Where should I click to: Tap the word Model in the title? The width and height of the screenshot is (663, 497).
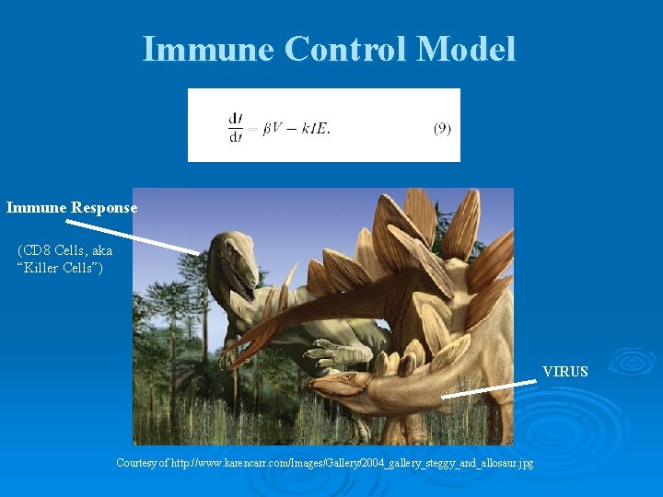click(x=465, y=49)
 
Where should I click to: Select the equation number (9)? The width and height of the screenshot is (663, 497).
click(x=442, y=129)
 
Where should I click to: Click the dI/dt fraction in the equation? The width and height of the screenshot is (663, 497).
click(x=235, y=129)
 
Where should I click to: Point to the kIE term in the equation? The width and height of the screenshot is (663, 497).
click(x=314, y=129)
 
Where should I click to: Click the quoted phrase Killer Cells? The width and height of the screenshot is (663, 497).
click(x=61, y=268)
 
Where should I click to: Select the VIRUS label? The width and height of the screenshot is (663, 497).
click(x=564, y=373)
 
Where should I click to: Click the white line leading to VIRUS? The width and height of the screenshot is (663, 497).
click(x=488, y=388)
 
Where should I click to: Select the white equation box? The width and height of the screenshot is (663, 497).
click(x=323, y=125)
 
